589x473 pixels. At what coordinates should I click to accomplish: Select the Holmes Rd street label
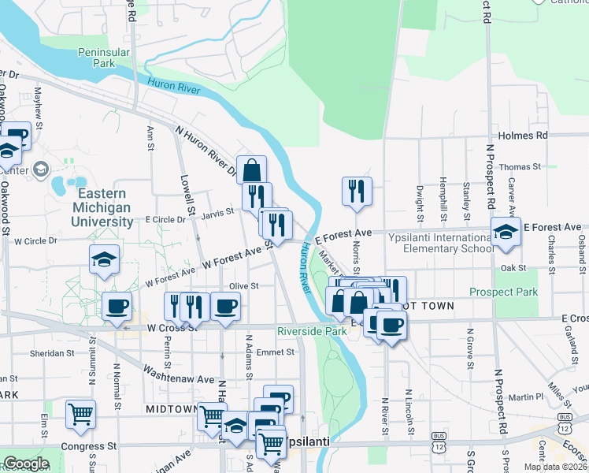pyautogui.click(x=522, y=136)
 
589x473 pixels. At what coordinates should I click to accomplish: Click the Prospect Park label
pyautogui.click(x=503, y=292)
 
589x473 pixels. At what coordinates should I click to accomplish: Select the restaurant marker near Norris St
pyautogui.click(x=357, y=191)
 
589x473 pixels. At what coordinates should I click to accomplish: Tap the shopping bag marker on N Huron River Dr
pyautogui.click(x=252, y=169)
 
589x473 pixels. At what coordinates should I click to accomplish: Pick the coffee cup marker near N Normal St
pyautogui.click(x=117, y=306)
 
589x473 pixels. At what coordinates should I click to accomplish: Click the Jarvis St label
pyautogui.click(x=218, y=211)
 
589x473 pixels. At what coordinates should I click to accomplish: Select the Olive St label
pyautogui.click(x=244, y=285)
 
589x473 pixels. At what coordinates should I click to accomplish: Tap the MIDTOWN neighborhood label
pyautogui.click(x=172, y=409)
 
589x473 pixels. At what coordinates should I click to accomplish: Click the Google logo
pyautogui.click(x=25, y=464)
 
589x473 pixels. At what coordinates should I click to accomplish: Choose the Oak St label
pyautogui.click(x=513, y=268)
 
